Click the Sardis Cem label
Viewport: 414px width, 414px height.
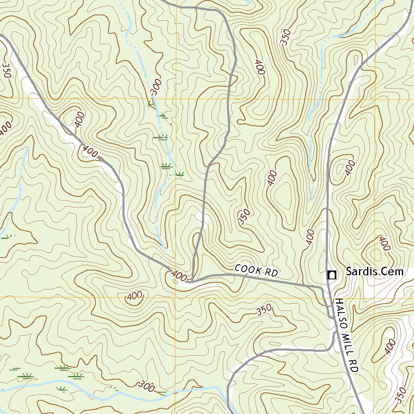pos(374,272)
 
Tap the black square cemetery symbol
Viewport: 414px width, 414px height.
pos(332,275)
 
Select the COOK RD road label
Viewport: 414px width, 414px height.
pos(256,270)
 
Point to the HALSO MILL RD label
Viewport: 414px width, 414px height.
pos(346,336)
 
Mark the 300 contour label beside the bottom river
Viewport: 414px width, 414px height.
pos(146,387)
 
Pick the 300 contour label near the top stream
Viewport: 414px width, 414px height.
pos(156,87)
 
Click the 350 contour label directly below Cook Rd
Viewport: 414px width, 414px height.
pos(264,310)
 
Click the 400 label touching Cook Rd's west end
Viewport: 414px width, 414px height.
pos(179,276)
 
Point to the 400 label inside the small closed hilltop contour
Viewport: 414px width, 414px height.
pos(134,296)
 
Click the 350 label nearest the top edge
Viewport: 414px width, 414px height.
pos(286,37)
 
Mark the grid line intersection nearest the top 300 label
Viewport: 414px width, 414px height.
pos(176,98)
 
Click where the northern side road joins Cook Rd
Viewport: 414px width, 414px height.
pos(192,280)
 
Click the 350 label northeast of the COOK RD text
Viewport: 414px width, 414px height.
pos(244,217)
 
